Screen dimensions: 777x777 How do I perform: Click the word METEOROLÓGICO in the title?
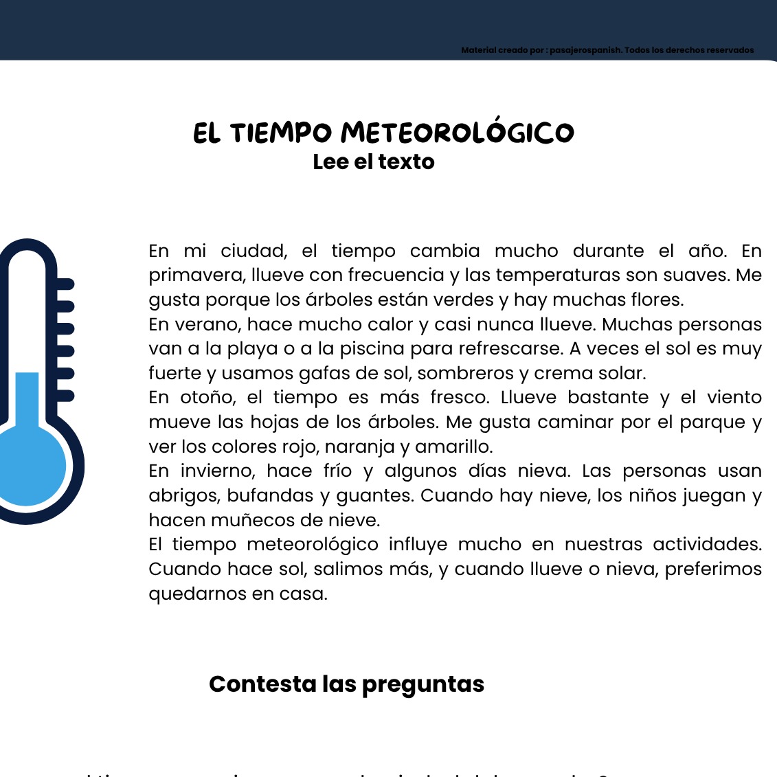click(x=458, y=133)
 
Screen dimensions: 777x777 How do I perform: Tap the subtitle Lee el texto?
click(x=374, y=161)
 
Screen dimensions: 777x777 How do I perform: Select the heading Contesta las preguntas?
click(x=346, y=684)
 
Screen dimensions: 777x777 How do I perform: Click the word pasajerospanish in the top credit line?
click(x=586, y=50)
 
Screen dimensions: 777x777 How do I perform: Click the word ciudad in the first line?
click(x=253, y=251)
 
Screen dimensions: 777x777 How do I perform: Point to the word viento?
click(x=734, y=398)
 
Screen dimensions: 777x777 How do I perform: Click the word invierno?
click(x=218, y=471)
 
